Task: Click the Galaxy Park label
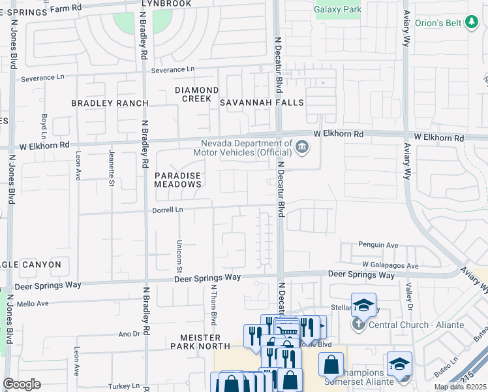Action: [x=337, y=10]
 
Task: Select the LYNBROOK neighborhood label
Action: [x=166, y=4]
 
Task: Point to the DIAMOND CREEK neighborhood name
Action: [x=196, y=94]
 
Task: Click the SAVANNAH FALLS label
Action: [x=262, y=103]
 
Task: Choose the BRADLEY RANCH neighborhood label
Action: [x=110, y=103]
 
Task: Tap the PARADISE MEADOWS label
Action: [x=177, y=180]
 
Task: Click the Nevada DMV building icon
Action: [x=301, y=146]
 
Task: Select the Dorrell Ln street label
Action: [x=168, y=210]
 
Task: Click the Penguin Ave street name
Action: [x=378, y=245]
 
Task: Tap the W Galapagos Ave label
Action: [x=391, y=266]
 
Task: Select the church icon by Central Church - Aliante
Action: [x=358, y=325]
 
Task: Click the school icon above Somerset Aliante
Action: [x=399, y=363]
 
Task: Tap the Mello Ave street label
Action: [x=33, y=304]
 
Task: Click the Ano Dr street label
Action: [x=129, y=333]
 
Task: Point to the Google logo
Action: [x=22, y=384]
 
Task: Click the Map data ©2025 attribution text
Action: [x=460, y=387]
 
